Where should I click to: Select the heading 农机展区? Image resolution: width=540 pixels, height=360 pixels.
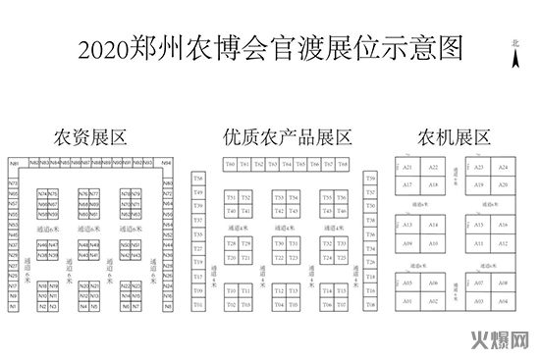point(454,136)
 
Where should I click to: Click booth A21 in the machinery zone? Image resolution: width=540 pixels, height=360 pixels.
point(407,168)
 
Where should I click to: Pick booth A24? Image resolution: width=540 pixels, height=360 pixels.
point(503,168)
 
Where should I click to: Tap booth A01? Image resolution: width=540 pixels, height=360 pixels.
point(407,302)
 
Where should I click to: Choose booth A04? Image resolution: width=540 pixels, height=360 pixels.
point(503,302)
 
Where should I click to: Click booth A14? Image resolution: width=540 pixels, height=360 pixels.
point(433,226)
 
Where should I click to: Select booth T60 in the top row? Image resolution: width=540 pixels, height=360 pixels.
point(229,164)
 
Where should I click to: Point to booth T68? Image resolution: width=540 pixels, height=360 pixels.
point(343,164)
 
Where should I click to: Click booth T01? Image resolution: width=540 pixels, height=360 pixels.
point(198,305)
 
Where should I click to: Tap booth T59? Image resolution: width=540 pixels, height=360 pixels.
point(370,179)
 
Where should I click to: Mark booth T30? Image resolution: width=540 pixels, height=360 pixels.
point(279,243)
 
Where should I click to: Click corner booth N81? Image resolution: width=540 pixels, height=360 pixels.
point(15,163)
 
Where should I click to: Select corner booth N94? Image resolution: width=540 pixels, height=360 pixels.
point(166,163)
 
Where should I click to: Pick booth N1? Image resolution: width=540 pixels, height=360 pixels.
point(15,307)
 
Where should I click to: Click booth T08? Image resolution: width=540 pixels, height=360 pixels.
point(370,305)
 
